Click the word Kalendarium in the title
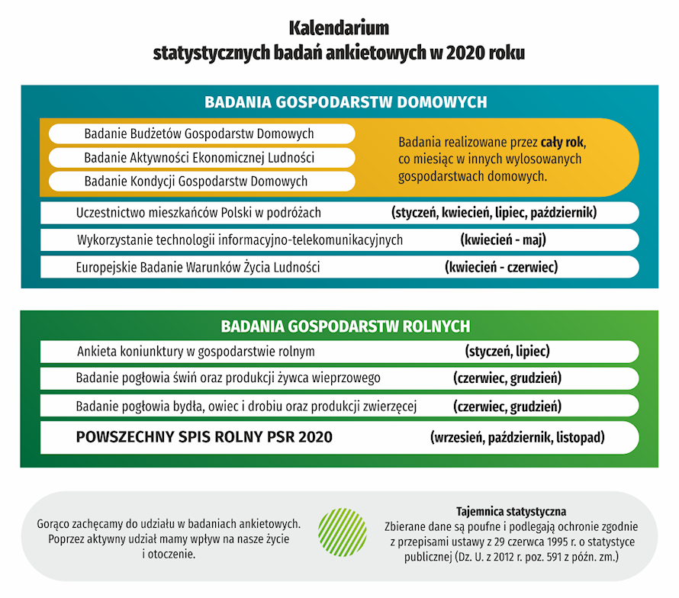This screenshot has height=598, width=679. click(339, 29)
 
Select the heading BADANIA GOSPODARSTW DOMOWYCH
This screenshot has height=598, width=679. click(346, 102)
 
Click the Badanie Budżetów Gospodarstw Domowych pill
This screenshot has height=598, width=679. click(199, 133)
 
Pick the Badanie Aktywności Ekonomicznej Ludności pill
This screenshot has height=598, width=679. click(199, 158)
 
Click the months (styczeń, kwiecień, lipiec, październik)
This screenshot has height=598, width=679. click(494, 212)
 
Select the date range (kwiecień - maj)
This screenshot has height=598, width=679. click(504, 240)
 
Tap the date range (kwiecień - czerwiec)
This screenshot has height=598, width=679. click(501, 268)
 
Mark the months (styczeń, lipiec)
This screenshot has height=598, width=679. click(507, 352)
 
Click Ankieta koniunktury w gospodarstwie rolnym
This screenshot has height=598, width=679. click(196, 352)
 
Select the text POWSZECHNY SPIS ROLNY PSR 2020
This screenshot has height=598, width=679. click(204, 438)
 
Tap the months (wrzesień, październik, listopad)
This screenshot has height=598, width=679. click(517, 438)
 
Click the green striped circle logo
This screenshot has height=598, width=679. click(343, 533)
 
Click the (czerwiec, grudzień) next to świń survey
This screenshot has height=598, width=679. click(507, 378)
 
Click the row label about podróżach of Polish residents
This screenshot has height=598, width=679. click(199, 212)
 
